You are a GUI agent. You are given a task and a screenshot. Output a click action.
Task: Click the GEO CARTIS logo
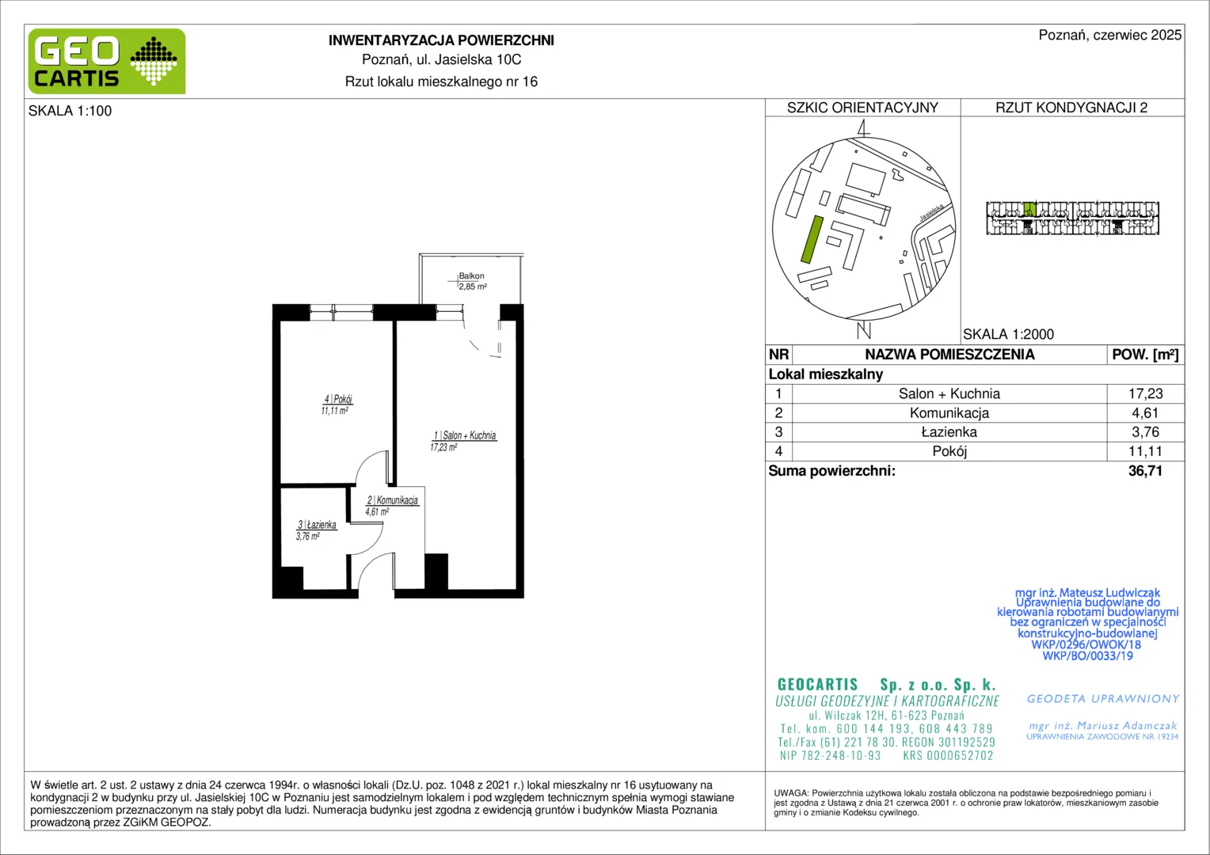point(107,61)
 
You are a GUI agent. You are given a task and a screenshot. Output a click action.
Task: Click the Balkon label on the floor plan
point(472,276)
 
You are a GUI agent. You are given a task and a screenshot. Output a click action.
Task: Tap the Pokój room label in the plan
point(338,399)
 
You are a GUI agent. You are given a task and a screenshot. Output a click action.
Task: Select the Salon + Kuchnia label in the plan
point(465,435)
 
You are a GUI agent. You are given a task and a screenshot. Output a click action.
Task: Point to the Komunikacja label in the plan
point(393,500)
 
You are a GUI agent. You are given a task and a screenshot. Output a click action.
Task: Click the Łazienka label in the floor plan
point(317,524)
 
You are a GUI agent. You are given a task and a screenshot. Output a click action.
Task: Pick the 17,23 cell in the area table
point(1145,393)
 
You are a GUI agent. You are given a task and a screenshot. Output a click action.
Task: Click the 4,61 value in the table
point(1145,413)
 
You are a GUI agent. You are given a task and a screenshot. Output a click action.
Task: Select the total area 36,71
point(1145,471)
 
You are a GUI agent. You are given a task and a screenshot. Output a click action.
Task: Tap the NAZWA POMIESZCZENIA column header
point(949,355)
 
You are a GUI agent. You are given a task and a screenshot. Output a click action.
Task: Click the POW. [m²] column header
point(1145,355)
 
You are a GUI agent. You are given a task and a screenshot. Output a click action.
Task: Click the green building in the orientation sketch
point(812,239)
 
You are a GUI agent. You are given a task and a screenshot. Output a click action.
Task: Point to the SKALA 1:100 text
point(70,111)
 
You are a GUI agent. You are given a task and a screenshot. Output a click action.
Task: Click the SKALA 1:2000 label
point(1009,334)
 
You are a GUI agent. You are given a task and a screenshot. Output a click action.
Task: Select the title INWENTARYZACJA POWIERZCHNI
point(441,40)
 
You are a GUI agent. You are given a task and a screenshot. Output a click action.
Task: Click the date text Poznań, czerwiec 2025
point(1110,35)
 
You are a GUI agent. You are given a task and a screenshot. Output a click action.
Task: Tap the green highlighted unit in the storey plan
point(1029,209)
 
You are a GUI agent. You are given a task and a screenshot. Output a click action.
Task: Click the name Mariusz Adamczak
point(1127,726)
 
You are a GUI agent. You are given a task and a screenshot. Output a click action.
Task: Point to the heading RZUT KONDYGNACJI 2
point(1071,108)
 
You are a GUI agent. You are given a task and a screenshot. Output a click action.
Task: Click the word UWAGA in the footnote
point(791,793)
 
